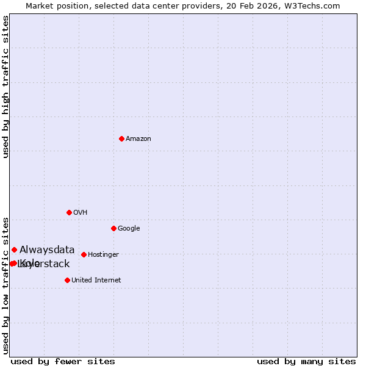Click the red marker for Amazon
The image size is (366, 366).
tap(121, 138)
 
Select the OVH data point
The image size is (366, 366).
tap(69, 212)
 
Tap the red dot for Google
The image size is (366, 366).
tap(113, 228)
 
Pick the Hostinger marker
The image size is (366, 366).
tap(84, 254)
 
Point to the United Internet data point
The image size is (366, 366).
tap(67, 280)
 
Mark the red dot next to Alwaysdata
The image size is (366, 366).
tap(14, 249)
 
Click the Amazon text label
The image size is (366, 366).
tap(138, 139)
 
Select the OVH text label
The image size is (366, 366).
tap(81, 213)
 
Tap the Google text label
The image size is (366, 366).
tap(129, 229)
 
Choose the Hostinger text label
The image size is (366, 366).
tap(103, 255)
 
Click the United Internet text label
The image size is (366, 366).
tap(96, 281)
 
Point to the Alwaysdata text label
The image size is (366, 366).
tap(47, 249)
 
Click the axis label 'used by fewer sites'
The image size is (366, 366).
tap(63, 361)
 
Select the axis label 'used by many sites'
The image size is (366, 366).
tap(306, 361)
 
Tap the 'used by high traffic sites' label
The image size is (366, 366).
tap(5, 87)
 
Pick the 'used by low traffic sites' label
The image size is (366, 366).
tap(5, 285)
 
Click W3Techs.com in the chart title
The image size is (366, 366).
tap(318, 5)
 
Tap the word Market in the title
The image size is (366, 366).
tap(40, 5)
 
